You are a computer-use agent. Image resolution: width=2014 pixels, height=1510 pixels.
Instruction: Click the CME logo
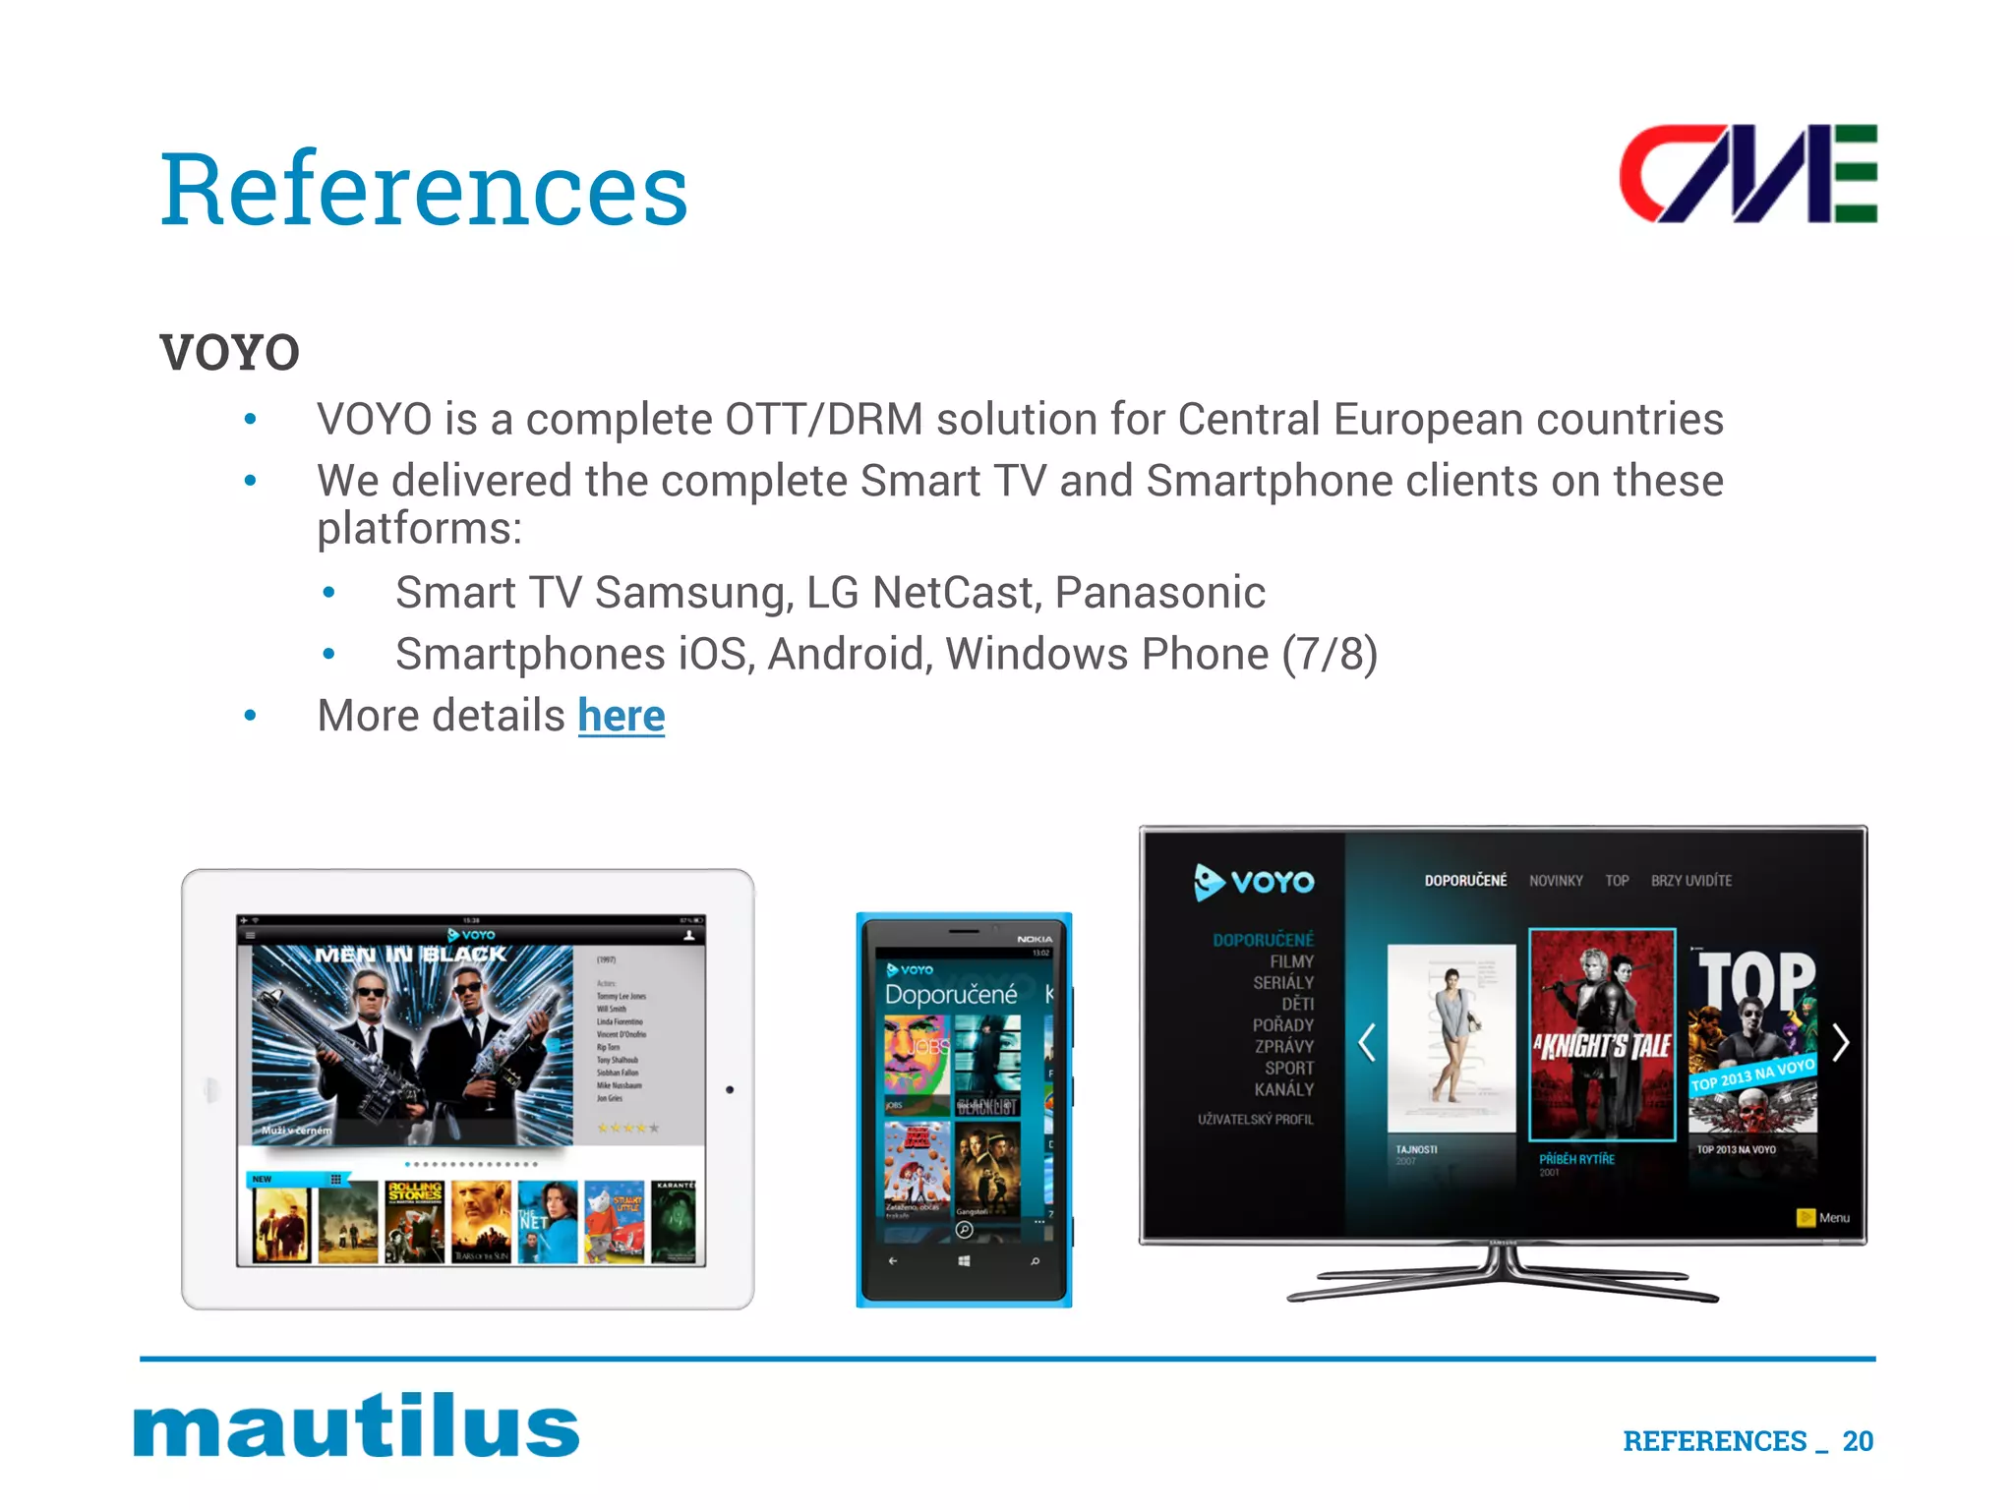(1747, 174)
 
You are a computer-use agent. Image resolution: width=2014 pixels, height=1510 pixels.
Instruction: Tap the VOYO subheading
(230, 353)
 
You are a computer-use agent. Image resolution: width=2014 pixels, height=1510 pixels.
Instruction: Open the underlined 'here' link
(621, 716)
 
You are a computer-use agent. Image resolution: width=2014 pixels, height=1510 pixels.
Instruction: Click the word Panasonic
(1159, 593)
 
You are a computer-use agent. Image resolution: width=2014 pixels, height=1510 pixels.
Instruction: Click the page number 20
(1858, 1441)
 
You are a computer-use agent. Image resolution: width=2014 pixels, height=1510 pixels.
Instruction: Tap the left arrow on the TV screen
(1366, 1042)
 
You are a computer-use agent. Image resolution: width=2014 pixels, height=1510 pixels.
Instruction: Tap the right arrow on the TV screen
(1841, 1042)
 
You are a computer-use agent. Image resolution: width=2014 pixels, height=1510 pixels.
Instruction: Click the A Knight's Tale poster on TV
(1602, 1034)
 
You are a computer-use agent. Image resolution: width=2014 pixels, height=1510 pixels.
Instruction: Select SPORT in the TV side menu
(1288, 1068)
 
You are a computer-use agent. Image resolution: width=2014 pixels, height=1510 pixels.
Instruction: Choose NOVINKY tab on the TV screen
(1556, 881)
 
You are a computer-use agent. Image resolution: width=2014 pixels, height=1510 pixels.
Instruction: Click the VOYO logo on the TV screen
(1254, 882)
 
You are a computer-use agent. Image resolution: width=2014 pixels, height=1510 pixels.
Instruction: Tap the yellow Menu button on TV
(1823, 1218)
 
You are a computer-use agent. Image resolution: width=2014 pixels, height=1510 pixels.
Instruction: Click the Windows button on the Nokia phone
(964, 1260)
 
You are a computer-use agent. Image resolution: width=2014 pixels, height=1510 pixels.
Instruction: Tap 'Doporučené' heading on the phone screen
(950, 995)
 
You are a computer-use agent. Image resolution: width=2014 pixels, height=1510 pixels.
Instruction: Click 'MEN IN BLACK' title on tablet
(410, 955)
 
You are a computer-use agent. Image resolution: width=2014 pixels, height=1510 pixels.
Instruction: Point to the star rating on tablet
(627, 1128)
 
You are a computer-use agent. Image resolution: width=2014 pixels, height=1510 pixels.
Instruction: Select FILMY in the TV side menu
(1291, 961)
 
